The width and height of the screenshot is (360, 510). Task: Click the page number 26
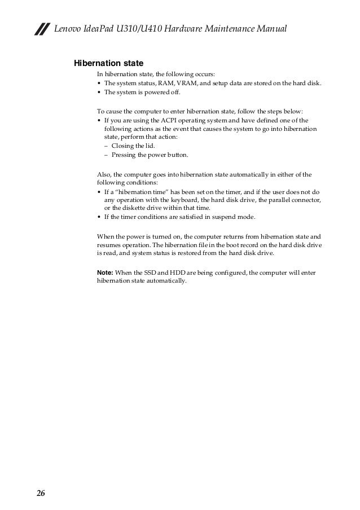tap(41, 494)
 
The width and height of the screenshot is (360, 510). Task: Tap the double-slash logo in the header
tap(40, 29)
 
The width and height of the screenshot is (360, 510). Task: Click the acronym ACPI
tap(165, 120)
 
